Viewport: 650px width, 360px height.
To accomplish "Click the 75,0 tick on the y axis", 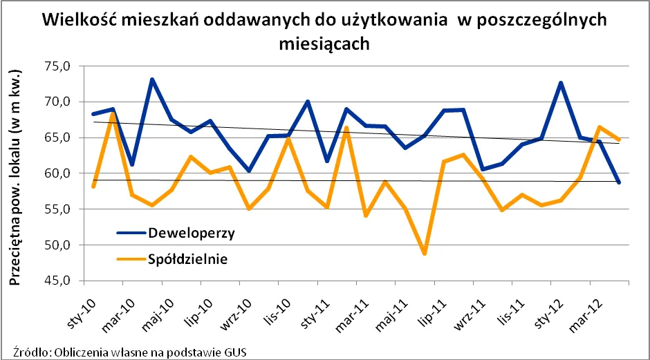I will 58,66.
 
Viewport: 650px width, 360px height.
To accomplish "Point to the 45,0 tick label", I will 58,281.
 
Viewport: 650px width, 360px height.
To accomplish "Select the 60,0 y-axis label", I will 58,173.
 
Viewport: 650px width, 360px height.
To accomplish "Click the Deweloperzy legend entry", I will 191,233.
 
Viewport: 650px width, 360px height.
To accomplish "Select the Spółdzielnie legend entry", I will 187,259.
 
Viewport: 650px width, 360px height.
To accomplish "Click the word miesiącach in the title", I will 324,43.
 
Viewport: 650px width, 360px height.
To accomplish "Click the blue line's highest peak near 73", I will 152,79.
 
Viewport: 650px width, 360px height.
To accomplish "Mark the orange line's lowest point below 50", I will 425,254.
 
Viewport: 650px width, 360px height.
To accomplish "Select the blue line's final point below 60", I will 619,182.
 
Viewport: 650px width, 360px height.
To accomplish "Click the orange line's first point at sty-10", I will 93,187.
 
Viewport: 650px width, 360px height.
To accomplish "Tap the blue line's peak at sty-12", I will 561,83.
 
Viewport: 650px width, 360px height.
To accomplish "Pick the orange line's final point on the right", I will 619,140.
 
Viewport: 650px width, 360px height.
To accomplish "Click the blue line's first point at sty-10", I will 93,114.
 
